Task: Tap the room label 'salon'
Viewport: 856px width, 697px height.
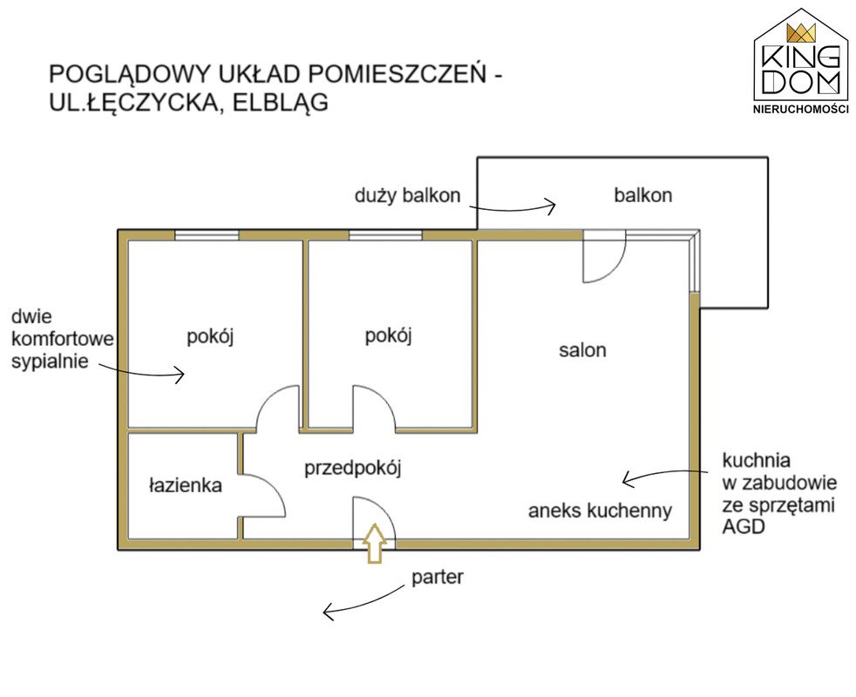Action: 582,350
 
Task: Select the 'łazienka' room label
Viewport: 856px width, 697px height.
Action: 185,485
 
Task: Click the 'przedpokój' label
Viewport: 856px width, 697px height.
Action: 351,469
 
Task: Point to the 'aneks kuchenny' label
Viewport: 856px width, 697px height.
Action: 600,511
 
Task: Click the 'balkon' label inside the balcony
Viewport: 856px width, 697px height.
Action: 642,195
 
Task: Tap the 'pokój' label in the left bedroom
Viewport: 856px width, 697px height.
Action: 212,336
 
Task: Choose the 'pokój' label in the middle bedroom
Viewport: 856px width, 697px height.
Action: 387,335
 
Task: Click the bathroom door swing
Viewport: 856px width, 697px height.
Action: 262,497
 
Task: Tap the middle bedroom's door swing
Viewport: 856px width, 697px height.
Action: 373,409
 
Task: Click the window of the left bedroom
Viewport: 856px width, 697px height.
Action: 207,234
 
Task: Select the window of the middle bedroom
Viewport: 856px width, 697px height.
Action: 384,234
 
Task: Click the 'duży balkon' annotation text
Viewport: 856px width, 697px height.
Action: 406,195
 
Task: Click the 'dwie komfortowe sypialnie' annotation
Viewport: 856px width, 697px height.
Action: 61,339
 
